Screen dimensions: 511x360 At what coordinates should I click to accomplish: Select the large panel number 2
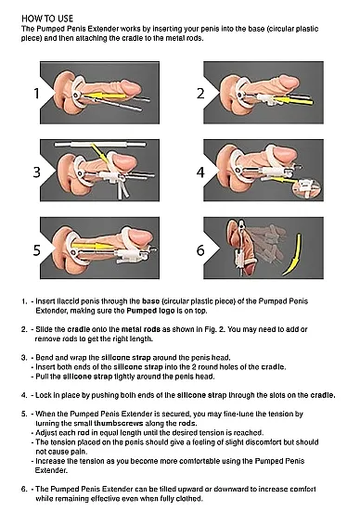(199, 93)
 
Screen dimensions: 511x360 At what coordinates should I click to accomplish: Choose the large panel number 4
(199, 172)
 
